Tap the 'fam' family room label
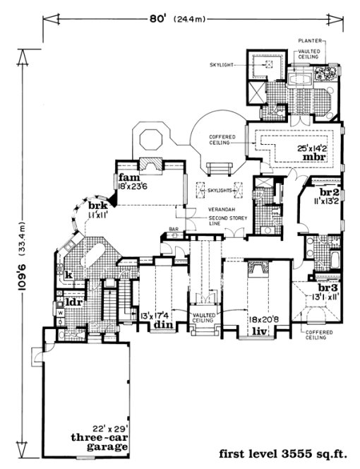[127, 177]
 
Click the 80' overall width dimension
[176, 19]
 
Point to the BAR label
[172, 230]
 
